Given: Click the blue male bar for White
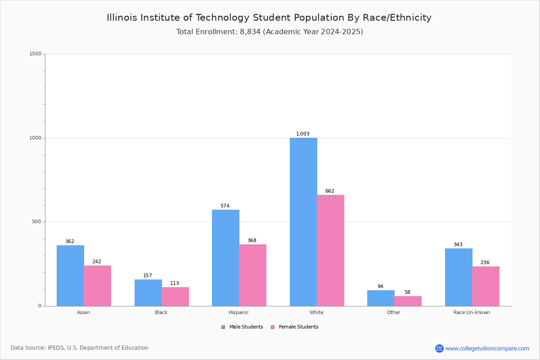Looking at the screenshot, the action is click(303, 222).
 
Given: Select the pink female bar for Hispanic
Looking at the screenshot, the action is click(252, 275).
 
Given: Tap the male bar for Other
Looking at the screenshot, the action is click(381, 298).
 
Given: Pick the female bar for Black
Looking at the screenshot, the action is click(175, 297).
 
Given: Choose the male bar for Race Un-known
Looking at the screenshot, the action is click(459, 277).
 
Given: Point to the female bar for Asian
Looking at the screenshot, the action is click(97, 286).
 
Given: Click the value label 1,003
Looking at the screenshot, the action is click(302, 134).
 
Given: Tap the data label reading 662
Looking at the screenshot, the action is click(330, 191).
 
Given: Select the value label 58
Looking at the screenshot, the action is click(407, 292).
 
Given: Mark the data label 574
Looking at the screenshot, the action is click(225, 206).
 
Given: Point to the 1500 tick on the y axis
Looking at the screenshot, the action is click(36, 54).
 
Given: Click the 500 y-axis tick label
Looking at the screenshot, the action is click(36, 221).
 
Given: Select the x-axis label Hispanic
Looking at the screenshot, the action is click(238, 312).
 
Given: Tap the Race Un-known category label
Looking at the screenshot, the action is click(472, 312).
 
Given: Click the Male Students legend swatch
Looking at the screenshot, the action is click(223, 327).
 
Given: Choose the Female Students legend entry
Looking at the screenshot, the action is click(295, 327).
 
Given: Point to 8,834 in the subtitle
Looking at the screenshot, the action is click(250, 32).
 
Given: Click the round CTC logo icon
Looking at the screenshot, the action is click(439, 348).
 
